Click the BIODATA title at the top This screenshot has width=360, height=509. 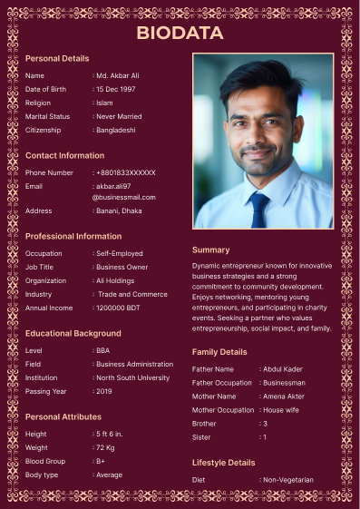pyautogui.click(x=180, y=33)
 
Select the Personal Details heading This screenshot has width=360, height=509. pyautogui.click(x=57, y=58)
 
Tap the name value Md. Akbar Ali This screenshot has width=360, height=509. pyautogui.click(x=118, y=75)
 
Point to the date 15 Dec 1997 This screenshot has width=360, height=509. pyautogui.click(x=116, y=89)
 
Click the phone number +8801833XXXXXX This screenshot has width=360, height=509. pyautogui.click(x=126, y=172)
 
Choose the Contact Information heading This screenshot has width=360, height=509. pyautogui.click(x=64, y=155)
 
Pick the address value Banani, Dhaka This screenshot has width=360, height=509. pyautogui.click(x=119, y=210)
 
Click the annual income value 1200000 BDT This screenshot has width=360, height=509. pyautogui.click(x=118, y=308)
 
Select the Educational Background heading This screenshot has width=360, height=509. pyautogui.click(x=73, y=333)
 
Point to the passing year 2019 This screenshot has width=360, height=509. pyautogui.click(x=104, y=391)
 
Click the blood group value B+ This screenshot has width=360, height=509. pyautogui.click(x=101, y=461)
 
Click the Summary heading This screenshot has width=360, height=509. pyautogui.click(x=210, y=250)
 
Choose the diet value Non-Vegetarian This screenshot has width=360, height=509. pyautogui.click(x=288, y=479)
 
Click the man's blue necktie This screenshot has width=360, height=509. pyautogui.click(x=259, y=210)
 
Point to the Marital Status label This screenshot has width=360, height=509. pyautogui.click(x=47, y=116)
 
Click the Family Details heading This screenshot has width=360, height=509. pyautogui.click(x=219, y=351)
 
